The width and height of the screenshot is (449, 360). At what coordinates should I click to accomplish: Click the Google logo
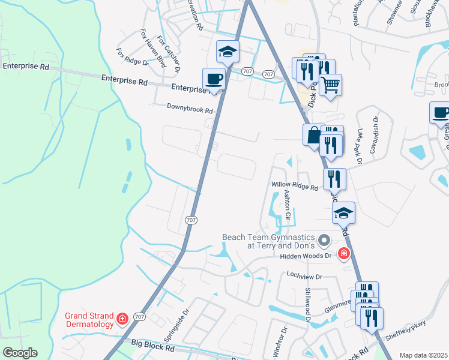tap(20, 353)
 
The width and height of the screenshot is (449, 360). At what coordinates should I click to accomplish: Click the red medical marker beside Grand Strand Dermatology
tap(122, 318)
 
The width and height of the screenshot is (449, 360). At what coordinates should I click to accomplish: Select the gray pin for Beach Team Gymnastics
tap(324, 241)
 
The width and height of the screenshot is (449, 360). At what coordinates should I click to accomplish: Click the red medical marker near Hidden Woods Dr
tap(344, 254)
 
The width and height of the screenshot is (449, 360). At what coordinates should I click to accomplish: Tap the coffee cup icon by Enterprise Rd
tap(214, 79)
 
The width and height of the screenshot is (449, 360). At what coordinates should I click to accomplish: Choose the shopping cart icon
tap(330, 84)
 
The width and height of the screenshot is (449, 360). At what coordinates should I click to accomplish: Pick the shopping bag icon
tap(314, 135)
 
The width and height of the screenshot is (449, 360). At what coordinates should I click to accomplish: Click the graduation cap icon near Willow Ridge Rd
tap(344, 213)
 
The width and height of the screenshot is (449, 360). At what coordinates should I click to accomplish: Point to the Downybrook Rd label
tap(190, 110)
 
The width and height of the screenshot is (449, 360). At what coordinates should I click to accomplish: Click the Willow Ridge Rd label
tap(294, 187)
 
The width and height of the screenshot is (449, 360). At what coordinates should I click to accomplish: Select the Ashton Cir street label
tap(288, 204)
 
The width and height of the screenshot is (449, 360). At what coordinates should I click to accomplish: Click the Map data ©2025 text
tap(423, 355)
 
